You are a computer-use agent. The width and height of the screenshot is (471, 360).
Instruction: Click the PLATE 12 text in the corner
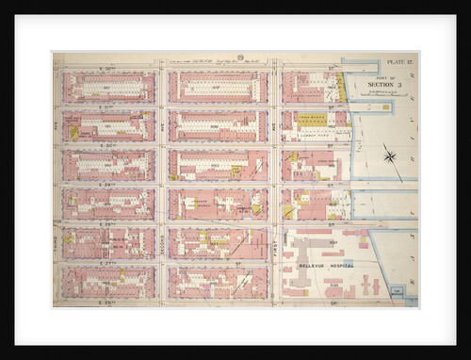[398, 61]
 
